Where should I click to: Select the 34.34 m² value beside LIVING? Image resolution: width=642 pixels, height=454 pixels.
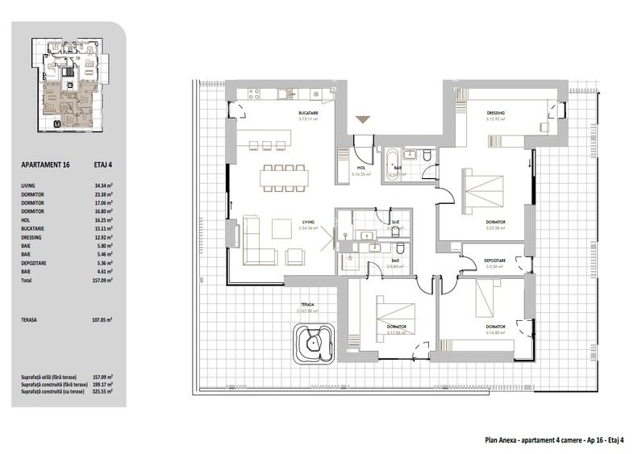(x=103, y=185)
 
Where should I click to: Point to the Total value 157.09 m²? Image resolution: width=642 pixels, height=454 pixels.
(x=103, y=282)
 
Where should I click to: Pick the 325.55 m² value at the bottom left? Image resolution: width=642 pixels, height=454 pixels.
(x=102, y=391)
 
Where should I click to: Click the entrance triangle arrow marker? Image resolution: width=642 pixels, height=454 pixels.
(x=363, y=120)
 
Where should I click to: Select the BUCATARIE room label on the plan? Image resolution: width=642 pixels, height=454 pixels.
(x=307, y=114)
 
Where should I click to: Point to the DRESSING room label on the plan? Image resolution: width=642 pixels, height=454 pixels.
(x=495, y=113)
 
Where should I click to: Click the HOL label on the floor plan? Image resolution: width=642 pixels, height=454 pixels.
(x=361, y=169)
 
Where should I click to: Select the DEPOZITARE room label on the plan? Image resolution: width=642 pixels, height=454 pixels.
(x=494, y=260)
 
